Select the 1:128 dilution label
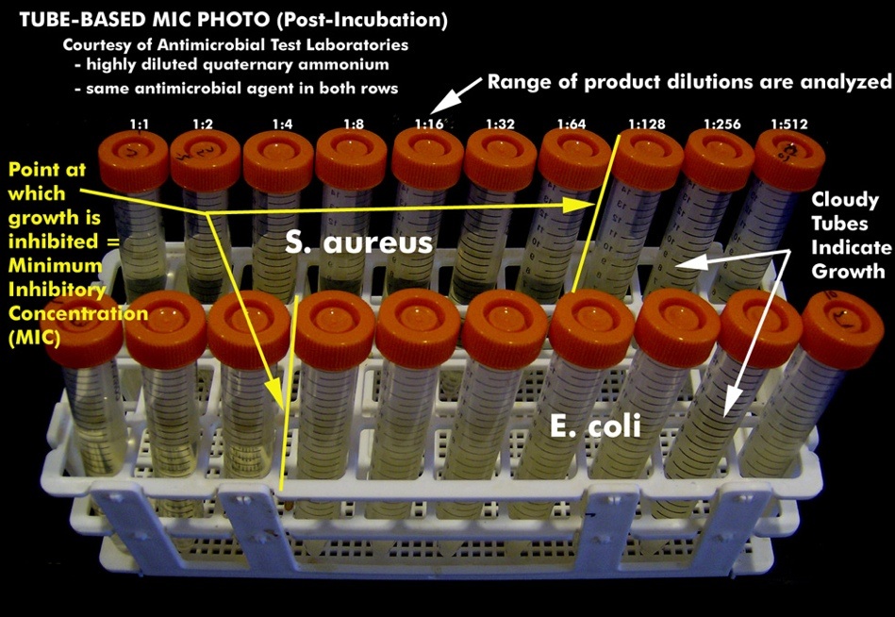click(646, 124)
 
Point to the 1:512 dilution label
click(788, 124)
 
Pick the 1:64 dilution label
click(572, 124)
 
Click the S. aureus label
click(359, 242)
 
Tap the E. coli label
click(596, 425)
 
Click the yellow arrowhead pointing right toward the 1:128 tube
click(585, 204)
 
